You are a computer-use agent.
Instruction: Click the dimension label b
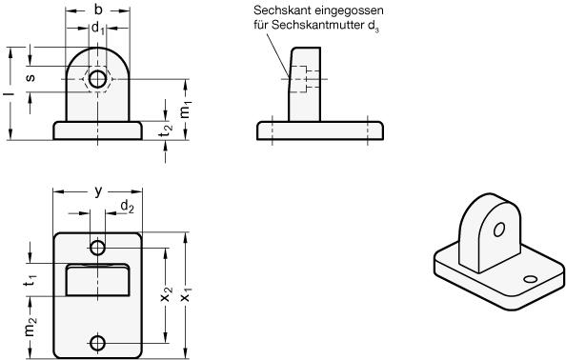click(98, 10)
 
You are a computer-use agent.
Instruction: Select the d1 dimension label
click(98, 28)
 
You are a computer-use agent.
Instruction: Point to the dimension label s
click(30, 77)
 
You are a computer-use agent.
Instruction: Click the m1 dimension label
click(185, 110)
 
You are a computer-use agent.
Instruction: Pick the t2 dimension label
click(166, 130)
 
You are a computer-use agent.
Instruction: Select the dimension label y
click(98, 191)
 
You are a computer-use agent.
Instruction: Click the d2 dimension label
click(127, 207)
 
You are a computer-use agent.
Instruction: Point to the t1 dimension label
click(30, 280)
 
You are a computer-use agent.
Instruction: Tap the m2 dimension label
click(30, 327)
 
